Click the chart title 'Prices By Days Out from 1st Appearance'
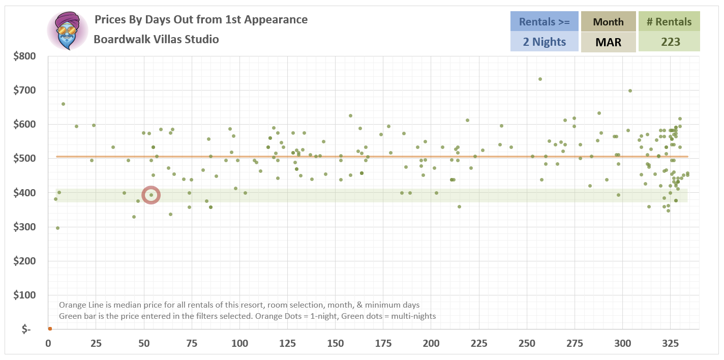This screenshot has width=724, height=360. pyautogui.click(x=201, y=20)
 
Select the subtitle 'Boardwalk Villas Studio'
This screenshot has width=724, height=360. pyautogui.click(x=156, y=39)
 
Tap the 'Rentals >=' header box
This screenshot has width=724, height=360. pyautogui.click(x=544, y=22)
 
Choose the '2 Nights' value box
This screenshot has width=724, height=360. pyautogui.click(x=544, y=42)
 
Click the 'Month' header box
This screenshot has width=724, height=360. pyautogui.click(x=608, y=22)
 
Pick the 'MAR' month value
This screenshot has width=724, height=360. pyautogui.click(x=608, y=42)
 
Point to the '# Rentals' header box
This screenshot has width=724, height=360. pyautogui.click(x=669, y=22)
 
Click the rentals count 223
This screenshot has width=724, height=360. pyautogui.click(x=669, y=42)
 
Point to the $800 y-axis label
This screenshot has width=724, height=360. pyautogui.click(x=24, y=56)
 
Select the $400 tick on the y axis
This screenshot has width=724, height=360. pyautogui.click(x=24, y=193)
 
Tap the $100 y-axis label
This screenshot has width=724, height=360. pyautogui.click(x=24, y=295)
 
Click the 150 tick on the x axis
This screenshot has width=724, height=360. pyautogui.click(x=335, y=343)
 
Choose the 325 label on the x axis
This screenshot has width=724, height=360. pyautogui.click(x=670, y=343)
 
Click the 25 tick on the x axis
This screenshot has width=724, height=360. pyautogui.click(x=96, y=343)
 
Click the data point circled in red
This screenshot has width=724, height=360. pyautogui.click(x=151, y=195)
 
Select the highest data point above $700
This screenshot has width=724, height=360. pyautogui.click(x=540, y=79)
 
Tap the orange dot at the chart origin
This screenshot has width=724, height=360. pyautogui.click(x=50, y=328)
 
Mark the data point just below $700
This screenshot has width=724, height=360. pyautogui.click(x=630, y=91)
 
